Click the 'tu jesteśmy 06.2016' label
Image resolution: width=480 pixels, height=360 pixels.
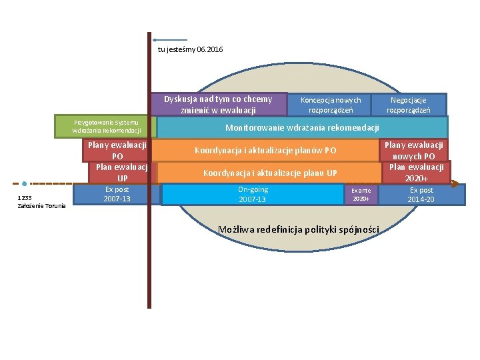click(x=190, y=50)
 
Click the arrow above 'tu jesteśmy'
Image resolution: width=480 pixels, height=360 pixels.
click(x=169, y=40)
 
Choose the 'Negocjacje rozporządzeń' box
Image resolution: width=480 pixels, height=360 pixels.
click(x=408, y=105)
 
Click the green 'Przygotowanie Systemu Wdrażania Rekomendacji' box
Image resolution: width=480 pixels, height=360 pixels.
click(x=107, y=126)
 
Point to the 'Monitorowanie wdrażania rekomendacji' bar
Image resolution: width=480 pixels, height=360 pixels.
click(x=302, y=127)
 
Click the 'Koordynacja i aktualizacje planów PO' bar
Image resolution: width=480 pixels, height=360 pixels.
click(x=265, y=151)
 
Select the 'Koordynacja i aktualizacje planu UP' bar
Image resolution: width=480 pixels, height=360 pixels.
click(x=270, y=173)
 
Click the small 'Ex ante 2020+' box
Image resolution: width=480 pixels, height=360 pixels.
click(x=361, y=195)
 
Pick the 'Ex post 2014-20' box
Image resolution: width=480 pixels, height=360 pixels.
click(x=421, y=195)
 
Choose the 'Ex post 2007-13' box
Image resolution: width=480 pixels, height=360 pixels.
click(x=117, y=194)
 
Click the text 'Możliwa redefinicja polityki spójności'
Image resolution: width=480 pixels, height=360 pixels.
click(x=299, y=229)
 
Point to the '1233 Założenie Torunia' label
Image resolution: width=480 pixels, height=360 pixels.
click(x=41, y=201)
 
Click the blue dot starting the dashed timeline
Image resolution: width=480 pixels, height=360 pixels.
click(x=23, y=183)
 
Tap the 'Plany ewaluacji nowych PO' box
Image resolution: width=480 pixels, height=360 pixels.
click(x=414, y=150)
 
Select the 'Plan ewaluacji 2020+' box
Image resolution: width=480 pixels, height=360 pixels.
click(x=417, y=172)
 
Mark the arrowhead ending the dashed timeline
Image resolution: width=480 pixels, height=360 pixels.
click(x=456, y=183)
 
